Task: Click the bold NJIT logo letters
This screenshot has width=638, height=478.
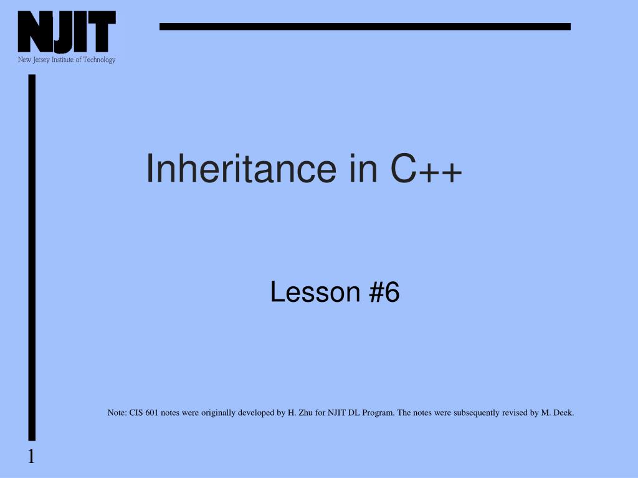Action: (x=67, y=32)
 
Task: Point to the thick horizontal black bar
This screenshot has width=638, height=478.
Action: (x=364, y=26)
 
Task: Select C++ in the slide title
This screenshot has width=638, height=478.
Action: (x=427, y=169)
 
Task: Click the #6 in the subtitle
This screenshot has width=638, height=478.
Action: (x=384, y=292)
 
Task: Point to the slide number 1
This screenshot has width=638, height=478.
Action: (x=31, y=457)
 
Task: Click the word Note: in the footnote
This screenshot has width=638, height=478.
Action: (x=117, y=413)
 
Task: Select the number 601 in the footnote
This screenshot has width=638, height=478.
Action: (x=151, y=413)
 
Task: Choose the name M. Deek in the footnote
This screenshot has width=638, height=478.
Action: (x=557, y=413)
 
